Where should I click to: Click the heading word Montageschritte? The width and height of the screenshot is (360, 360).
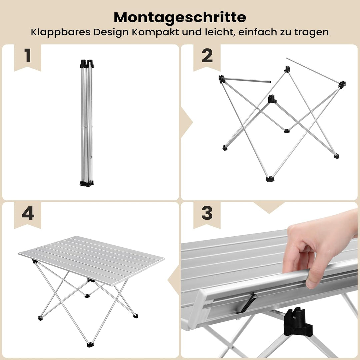click(180, 17)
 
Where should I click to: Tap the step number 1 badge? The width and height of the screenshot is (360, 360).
click(28, 56)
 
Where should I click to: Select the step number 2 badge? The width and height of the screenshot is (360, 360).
click(207, 56)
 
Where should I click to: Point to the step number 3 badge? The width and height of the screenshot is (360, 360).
click(207, 213)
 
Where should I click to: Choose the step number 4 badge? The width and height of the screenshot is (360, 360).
click(28, 213)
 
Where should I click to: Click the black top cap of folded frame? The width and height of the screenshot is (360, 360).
click(87, 63)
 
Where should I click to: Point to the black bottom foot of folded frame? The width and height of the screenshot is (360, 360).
click(87, 183)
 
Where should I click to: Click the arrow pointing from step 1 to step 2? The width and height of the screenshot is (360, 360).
click(185, 120)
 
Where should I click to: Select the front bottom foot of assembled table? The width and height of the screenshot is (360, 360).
click(90, 344)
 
